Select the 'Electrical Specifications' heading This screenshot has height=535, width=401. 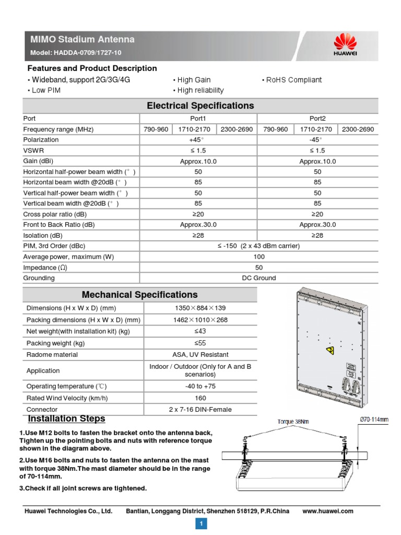pyautogui.click(x=200, y=106)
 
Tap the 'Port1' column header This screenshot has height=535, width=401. pyautogui.click(x=198, y=119)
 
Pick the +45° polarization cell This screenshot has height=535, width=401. pyautogui.click(x=198, y=139)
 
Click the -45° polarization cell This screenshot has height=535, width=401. pyautogui.click(x=317, y=139)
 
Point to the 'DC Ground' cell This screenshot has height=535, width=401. pyautogui.click(x=258, y=278)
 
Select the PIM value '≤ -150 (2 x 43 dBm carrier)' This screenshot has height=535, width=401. pyautogui.click(x=258, y=246)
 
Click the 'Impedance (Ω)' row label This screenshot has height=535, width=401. pyautogui.click(x=45, y=267)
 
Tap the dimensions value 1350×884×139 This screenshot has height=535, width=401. pyautogui.click(x=200, y=308)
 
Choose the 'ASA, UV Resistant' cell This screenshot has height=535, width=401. pyautogui.click(x=200, y=355)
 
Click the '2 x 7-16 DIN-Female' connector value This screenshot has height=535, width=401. pyautogui.click(x=200, y=410)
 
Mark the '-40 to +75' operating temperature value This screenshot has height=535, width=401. pyautogui.click(x=200, y=386)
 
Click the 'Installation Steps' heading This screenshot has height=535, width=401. pyautogui.click(x=66, y=419)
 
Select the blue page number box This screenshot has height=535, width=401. pyautogui.click(x=200, y=523)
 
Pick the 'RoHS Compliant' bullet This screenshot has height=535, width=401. pyautogui.click(x=291, y=80)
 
